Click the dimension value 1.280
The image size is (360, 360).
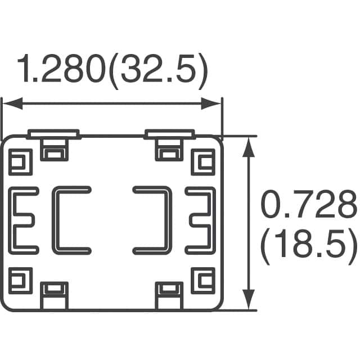(x=61, y=68)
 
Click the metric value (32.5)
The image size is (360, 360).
(x=158, y=71)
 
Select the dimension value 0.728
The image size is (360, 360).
(x=309, y=204)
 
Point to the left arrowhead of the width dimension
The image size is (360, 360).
(x=12, y=103)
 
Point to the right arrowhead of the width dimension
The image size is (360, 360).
(x=210, y=103)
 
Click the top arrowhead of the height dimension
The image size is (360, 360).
(x=249, y=147)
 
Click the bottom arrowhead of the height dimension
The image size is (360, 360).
(x=249, y=299)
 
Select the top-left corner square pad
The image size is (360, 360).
(x=20, y=162)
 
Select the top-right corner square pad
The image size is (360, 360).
(x=203, y=162)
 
